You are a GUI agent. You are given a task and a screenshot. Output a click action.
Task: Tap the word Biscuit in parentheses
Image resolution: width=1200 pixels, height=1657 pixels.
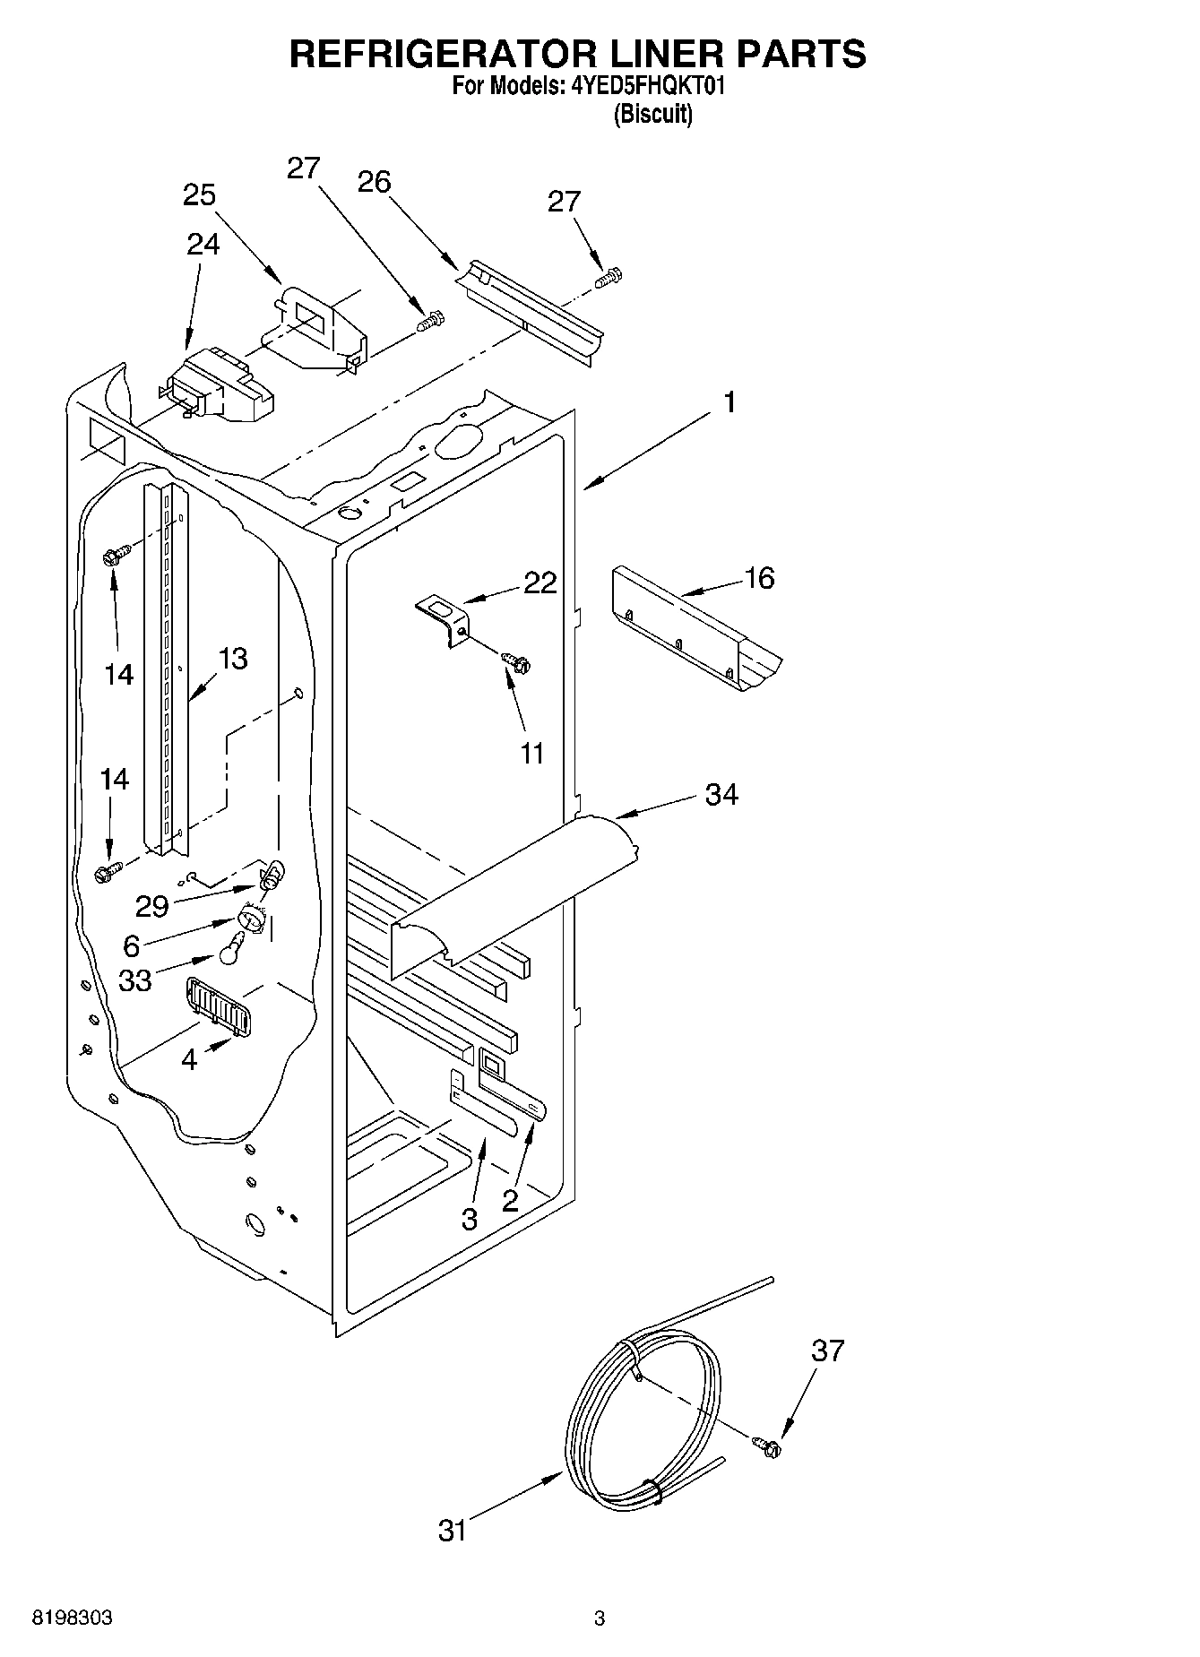tap(652, 116)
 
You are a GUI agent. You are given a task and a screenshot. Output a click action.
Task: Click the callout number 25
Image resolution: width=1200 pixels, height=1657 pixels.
tap(199, 195)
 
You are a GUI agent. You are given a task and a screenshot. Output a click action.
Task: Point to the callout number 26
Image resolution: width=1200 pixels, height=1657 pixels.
tap(374, 182)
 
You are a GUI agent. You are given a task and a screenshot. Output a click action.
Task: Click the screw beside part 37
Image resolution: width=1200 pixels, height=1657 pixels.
tap(769, 1446)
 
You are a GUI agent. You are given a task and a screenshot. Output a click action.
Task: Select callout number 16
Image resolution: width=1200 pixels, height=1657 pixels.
tap(759, 578)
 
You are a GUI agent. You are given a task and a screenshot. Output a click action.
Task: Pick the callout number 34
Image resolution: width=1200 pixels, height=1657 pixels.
tap(721, 794)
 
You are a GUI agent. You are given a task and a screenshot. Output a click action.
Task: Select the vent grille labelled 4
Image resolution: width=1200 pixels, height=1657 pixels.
tap(219, 1005)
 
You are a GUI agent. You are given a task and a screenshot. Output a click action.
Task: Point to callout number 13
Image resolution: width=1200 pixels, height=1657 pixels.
tap(232, 659)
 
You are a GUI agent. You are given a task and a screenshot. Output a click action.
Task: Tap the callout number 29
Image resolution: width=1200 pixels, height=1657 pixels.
tap(151, 906)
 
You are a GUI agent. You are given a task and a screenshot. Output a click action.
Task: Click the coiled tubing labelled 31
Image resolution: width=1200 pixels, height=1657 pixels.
tap(641, 1419)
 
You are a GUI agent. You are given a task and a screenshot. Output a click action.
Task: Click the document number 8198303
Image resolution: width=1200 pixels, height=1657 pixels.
tap(72, 1618)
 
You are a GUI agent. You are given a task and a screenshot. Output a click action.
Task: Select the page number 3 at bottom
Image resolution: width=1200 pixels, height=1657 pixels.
tap(600, 1618)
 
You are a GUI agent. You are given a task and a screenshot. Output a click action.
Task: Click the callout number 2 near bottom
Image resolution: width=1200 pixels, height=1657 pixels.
tap(510, 1201)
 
